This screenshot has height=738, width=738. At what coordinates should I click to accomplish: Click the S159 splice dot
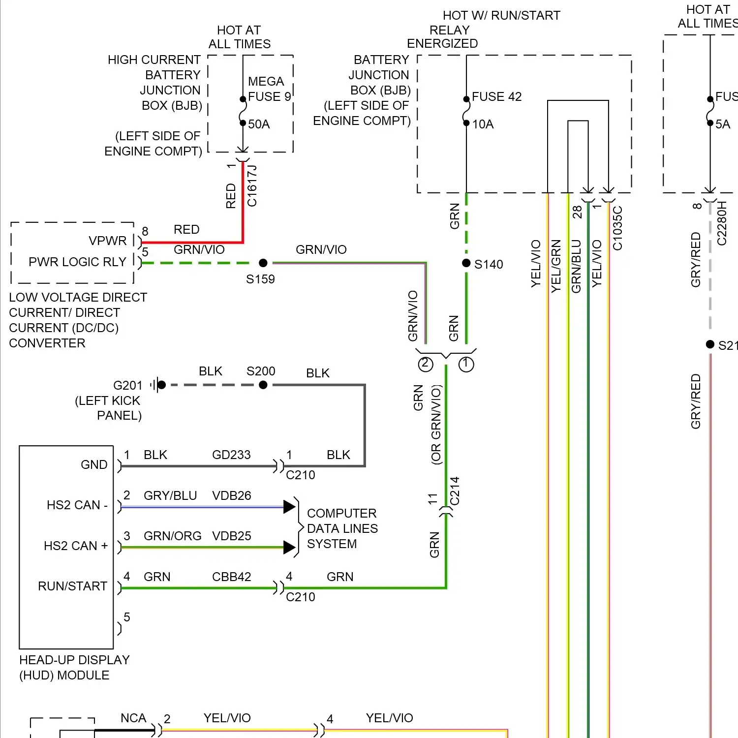[x=263, y=263]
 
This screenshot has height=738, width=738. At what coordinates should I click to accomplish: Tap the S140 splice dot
[x=466, y=263]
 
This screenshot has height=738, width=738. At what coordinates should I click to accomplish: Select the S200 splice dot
[x=263, y=385]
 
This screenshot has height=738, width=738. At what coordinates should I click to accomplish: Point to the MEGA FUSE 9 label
[x=269, y=89]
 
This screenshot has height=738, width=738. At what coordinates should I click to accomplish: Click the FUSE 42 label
[x=496, y=96]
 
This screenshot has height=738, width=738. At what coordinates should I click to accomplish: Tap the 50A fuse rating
[x=259, y=124]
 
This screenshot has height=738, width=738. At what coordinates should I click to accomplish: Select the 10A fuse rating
[x=483, y=124]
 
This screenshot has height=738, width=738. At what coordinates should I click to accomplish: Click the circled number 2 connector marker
[x=426, y=364]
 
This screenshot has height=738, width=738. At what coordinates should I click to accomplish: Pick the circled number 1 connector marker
[x=466, y=364]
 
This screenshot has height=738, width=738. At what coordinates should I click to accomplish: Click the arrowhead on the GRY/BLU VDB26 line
[x=289, y=507]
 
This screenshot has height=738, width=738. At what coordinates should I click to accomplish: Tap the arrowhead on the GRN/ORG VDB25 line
[x=289, y=547]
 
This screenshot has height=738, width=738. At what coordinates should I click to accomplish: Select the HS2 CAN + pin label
[x=76, y=546]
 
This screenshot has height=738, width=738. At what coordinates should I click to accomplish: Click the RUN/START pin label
[x=72, y=586]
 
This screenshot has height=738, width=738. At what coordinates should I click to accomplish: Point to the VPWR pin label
[x=107, y=241]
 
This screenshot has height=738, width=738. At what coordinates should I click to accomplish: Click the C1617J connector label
[x=252, y=186]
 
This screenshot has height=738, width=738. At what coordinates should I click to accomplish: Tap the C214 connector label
[x=455, y=491]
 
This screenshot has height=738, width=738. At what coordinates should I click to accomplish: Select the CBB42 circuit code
[x=231, y=577]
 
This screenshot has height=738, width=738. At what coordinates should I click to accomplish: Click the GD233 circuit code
[x=231, y=455]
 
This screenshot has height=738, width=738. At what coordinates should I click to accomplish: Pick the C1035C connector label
[x=617, y=228]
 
